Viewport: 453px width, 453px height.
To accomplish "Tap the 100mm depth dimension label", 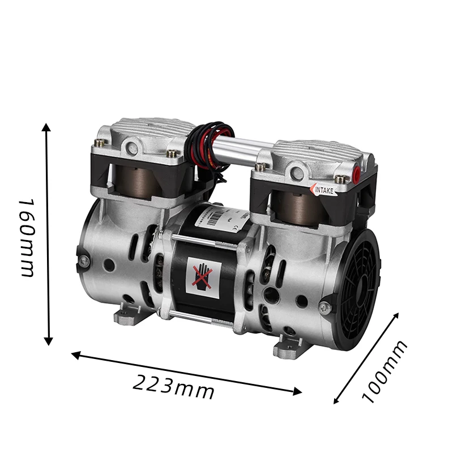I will tap(385, 371).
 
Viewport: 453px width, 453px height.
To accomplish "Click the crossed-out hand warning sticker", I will tap(202, 275).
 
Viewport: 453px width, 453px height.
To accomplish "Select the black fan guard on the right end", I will tap(354, 289).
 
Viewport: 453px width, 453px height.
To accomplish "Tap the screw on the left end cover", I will tap(84, 260).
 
